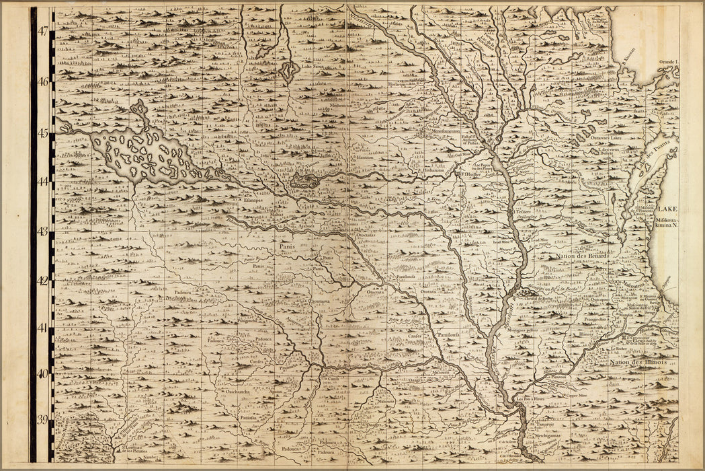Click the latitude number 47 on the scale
(x=43, y=31)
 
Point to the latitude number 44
(x=43, y=182)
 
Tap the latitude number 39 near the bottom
(x=43, y=421)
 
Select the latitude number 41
(x=43, y=328)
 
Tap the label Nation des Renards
(x=582, y=257)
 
